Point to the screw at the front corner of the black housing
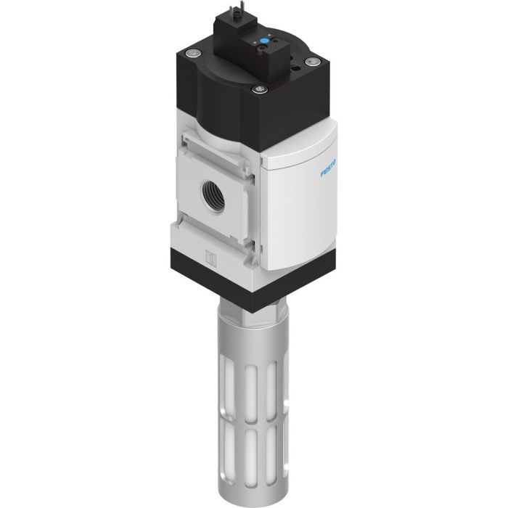(x=257, y=91)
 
